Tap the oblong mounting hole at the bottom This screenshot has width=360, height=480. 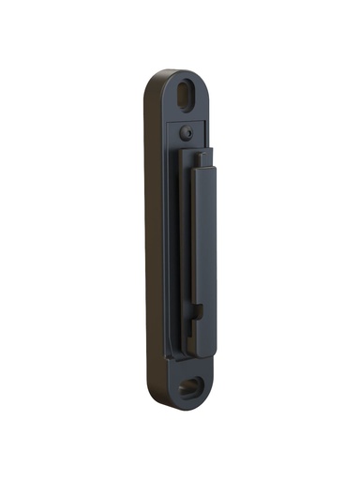[x=192, y=385]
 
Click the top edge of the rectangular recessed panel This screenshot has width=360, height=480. [x=187, y=117]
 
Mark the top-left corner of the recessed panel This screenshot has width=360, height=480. [x=167, y=116]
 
